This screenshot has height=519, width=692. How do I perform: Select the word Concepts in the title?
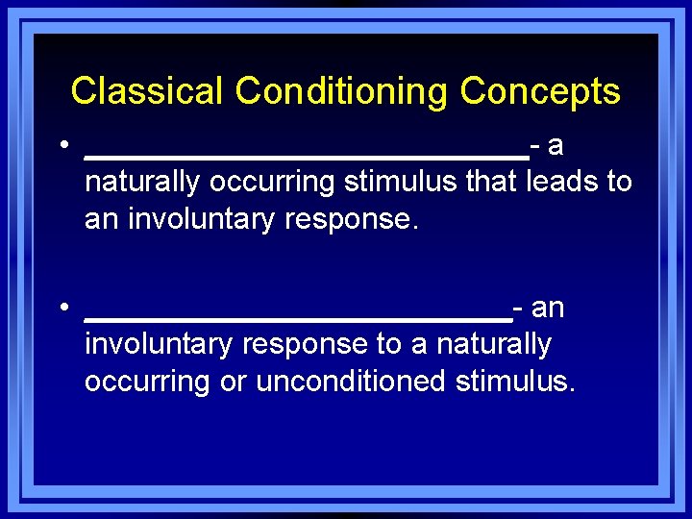[x=540, y=91]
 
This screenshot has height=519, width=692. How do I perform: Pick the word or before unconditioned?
[x=233, y=383]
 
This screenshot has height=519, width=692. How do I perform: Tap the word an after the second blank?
[x=547, y=309]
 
